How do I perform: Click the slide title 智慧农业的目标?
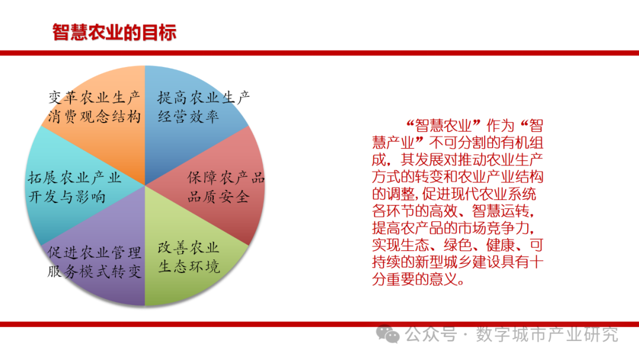pyautogui.click(x=114, y=33)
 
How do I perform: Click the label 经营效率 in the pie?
pyautogui.click(x=188, y=117)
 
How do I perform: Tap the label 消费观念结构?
pyautogui.click(x=95, y=117)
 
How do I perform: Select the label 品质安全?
pyautogui.click(x=218, y=197)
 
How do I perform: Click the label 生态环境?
pyautogui.click(x=189, y=266)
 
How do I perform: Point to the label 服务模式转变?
pyautogui.click(x=95, y=272)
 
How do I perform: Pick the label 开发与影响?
pyautogui.click(x=67, y=197)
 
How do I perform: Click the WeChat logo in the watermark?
pyautogui.click(x=388, y=335)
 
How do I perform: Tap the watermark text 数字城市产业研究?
pyautogui.click(x=547, y=335)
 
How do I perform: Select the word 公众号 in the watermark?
pyautogui.click(x=431, y=335)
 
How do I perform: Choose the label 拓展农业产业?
pyautogui.click(x=75, y=178)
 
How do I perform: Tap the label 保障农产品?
pyautogui.click(x=226, y=178)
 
